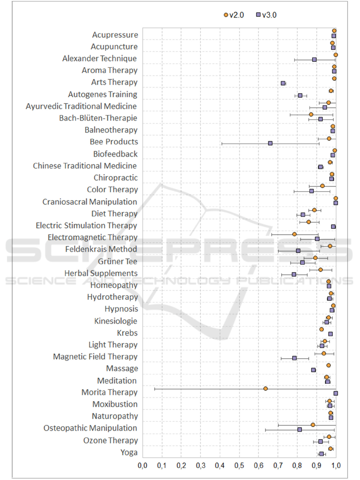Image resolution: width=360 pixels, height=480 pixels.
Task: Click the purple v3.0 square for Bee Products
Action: click(x=270, y=143)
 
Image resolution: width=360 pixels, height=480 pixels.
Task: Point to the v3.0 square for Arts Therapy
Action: click(x=283, y=83)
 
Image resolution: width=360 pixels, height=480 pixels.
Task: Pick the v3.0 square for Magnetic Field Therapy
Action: click(x=294, y=358)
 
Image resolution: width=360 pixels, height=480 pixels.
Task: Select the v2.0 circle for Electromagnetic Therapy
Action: click(x=294, y=234)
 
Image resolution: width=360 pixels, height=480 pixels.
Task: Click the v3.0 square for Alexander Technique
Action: click(x=314, y=60)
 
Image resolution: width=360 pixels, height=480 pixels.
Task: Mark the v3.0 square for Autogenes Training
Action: click(x=300, y=95)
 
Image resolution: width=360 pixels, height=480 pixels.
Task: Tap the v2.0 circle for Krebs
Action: click(x=321, y=329)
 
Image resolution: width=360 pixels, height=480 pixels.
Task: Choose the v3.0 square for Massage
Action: click(x=313, y=370)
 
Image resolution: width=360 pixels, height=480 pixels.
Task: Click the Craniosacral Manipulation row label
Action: click(x=90, y=202)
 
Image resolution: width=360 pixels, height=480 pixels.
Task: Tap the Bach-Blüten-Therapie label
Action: click(x=98, y=118)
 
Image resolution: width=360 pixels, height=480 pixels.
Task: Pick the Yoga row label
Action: click(x=129, y=452)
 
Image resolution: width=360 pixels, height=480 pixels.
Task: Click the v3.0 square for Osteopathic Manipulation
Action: click(x=299, y=429)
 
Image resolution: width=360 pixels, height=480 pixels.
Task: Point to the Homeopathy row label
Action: click(x=113, y=285)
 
